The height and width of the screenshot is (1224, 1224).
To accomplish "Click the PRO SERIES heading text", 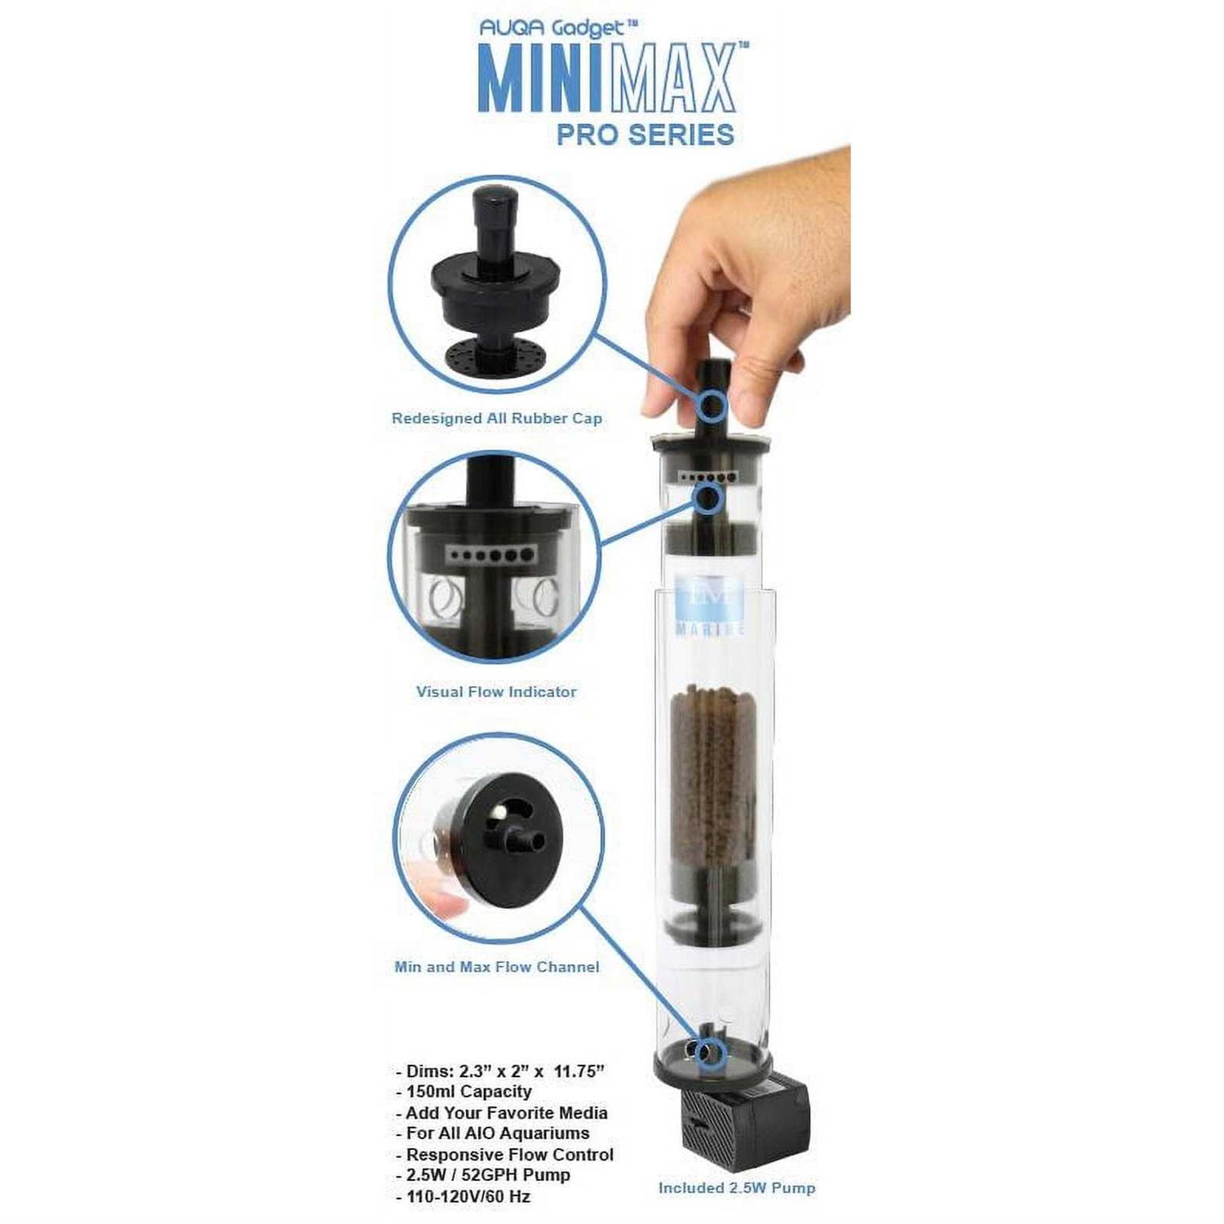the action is (x=645, y=135).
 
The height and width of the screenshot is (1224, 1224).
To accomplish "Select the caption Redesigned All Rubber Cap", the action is (x=497, y=419).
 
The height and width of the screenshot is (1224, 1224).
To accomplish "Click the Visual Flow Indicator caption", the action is (x=496, y=692).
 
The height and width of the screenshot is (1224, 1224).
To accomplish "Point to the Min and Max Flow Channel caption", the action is (x=497, y=967).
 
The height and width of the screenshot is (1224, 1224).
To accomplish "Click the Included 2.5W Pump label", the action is (x=737, y=1188).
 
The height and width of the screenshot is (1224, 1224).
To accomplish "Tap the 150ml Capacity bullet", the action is (x=463, y=1092).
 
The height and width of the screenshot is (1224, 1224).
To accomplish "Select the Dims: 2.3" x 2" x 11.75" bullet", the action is (x=499, y=1071).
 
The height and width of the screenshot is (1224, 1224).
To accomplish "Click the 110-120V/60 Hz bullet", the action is (x=463, y=1197).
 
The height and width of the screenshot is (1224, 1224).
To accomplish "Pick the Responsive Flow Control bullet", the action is (x=504, y=1155).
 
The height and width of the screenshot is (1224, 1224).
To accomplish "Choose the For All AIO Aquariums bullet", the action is (x=492, y=1133).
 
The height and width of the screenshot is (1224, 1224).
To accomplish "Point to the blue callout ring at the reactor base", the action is (x=710, y=1053).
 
